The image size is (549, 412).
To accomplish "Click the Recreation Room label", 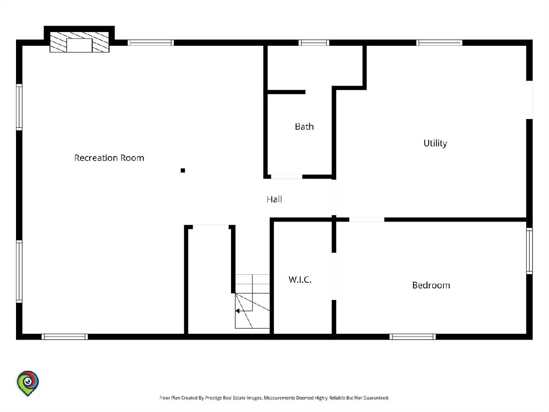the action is point(109,158).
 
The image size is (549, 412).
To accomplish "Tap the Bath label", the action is point(304,127).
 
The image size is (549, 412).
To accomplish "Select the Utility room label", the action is point(435,143).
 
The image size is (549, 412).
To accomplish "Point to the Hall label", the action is point(274,199).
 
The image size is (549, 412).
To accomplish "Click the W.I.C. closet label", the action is point(300,280).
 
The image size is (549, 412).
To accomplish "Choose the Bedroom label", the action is point(431,285).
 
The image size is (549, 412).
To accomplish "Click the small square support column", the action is point(183,171).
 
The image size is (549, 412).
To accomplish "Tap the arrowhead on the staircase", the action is point(237,311).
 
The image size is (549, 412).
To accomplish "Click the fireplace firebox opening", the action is point(79,45).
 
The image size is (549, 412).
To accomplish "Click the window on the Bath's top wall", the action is point(314,43).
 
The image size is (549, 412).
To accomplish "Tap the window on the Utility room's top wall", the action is point(439,43).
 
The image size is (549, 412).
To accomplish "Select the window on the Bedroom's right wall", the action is point(529,251).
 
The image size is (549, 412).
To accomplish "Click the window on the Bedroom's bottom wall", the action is point(413,337).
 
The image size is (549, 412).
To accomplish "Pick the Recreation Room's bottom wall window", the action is point(65,337).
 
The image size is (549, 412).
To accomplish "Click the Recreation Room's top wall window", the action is point(151,43).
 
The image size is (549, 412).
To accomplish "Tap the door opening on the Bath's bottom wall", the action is point(287,177).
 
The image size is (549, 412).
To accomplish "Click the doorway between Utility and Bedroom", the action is point(366,220).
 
